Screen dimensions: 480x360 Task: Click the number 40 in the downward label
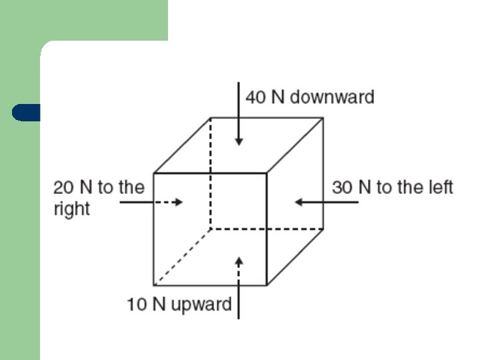tap(255, 97)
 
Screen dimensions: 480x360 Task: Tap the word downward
tap(332, 97)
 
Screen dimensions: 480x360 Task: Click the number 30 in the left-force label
tap(342, 187)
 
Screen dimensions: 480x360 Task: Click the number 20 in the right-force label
tap(63, 187)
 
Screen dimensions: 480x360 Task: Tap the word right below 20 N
tap(71, 209)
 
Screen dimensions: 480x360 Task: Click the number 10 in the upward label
tap(137, 305)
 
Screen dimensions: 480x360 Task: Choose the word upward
tap(201, 305)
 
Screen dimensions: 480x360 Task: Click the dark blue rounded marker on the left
tap(25, 113)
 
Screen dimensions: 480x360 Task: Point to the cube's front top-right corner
tap(267, 173)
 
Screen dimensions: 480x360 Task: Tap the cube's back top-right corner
tap(323, 118)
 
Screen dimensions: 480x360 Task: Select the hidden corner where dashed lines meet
tap(211, 229)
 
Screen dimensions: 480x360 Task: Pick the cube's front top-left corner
tap(153, 173)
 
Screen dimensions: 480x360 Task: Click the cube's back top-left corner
tap(211, 118)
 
